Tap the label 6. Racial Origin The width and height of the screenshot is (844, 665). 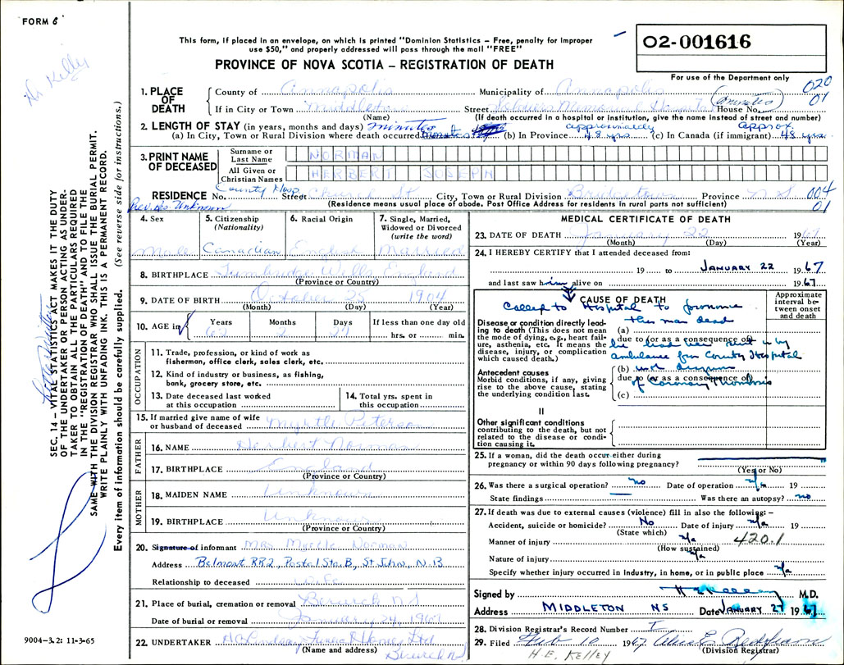pyautogui.click(x=321, y=219)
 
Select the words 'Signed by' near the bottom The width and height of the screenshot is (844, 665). pyautogui.click(x=495, y=594)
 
